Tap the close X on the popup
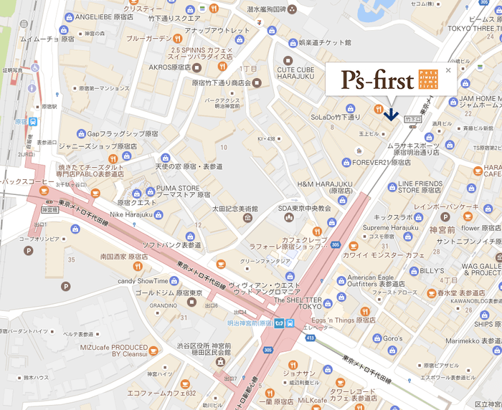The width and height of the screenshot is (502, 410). pos(449,70)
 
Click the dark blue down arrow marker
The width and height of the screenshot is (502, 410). pos(391,113)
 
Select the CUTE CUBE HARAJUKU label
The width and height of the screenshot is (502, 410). pos(296,73)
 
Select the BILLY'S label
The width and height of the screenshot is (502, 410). pos(431,271)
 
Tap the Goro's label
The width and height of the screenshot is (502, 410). pos(392,338)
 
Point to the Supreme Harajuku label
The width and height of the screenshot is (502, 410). pos(392,228)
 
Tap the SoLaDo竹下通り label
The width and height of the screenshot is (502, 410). pos(336,115)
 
